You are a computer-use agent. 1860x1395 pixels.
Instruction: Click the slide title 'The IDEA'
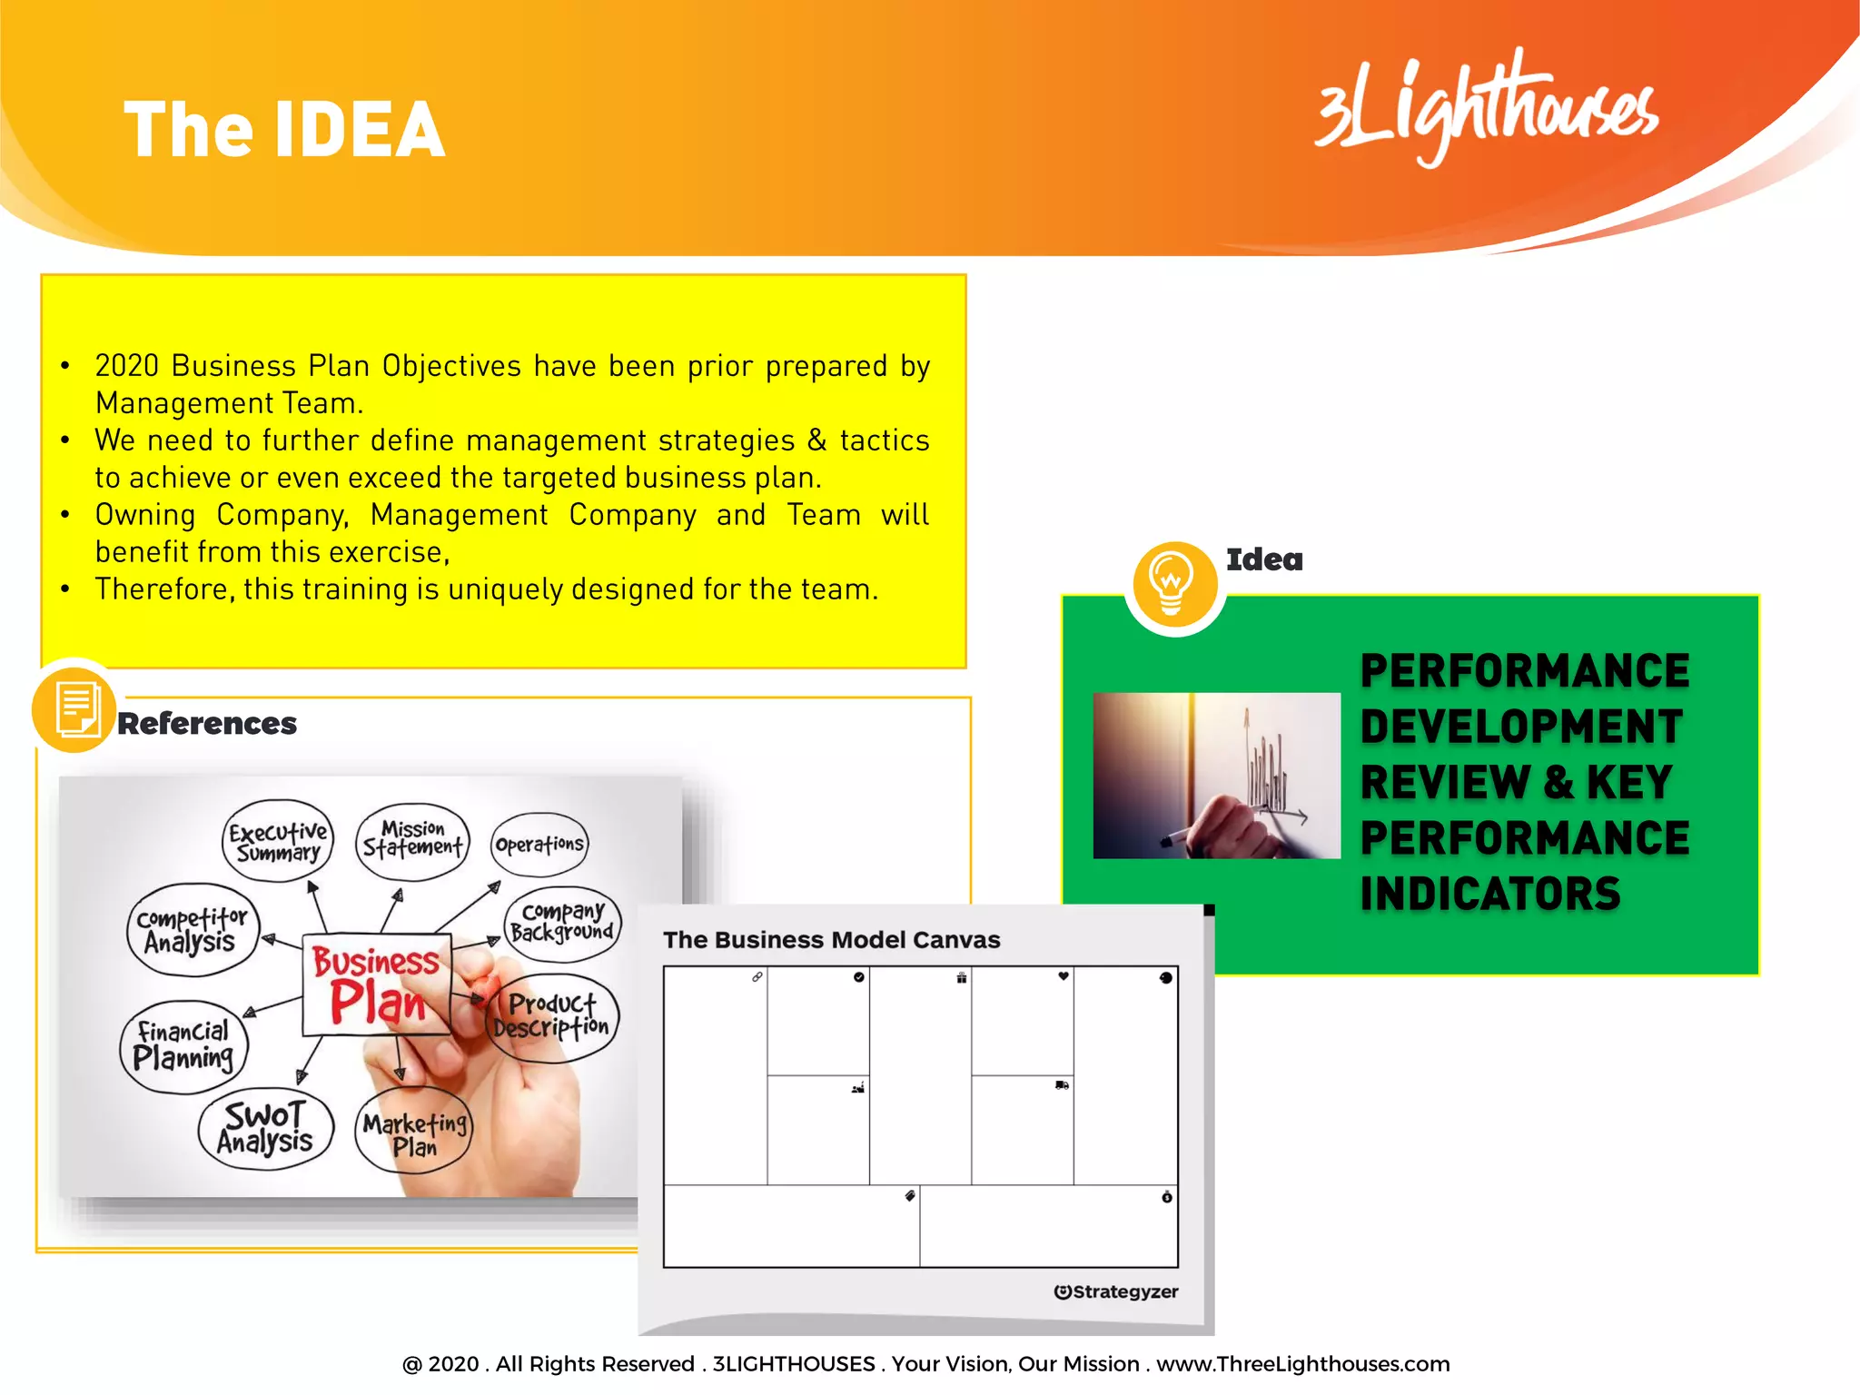[284, 131]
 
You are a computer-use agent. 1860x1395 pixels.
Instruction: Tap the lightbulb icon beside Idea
[1173, 584]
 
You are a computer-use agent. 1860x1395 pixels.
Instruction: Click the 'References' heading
[207, 724]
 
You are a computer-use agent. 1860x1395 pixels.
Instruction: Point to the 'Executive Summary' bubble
[278, 841]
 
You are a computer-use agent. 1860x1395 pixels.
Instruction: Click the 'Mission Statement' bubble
[412, 840]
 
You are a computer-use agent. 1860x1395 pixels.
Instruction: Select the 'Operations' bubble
[539, 845]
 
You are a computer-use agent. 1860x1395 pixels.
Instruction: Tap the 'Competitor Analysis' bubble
[192, 930]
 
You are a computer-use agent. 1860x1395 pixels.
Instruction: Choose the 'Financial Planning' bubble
[183, 1045]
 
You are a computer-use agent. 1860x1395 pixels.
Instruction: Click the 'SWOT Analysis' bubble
[265, 1128]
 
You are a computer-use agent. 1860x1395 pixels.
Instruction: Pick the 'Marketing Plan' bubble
[415, 1133]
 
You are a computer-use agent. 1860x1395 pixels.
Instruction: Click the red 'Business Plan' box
[377, 984]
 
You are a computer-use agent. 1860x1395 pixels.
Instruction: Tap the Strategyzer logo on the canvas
[1115, 1291]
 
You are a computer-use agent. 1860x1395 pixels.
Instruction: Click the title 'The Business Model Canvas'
[831, 940]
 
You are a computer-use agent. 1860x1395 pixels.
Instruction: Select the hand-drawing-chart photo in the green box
[1216, 776]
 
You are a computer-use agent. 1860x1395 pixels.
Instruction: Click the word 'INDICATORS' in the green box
[1490, 895]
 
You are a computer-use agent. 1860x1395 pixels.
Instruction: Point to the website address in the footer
[1302, 1364]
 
